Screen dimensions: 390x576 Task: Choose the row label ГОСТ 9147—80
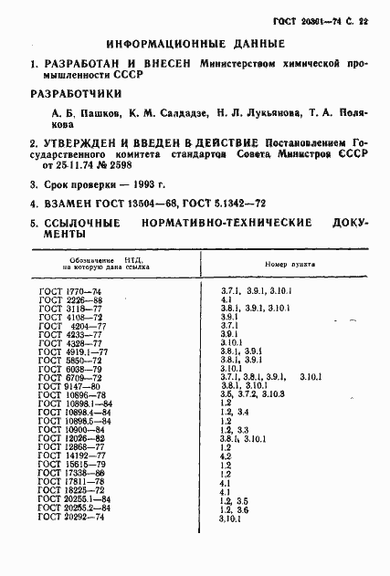[70, 385]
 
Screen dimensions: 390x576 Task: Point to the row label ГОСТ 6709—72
[70, 377]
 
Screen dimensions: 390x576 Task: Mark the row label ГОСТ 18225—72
[73, 490]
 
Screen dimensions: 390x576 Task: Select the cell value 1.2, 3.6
[233, 508]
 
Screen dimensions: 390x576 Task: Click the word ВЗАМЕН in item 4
[60, 205]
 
